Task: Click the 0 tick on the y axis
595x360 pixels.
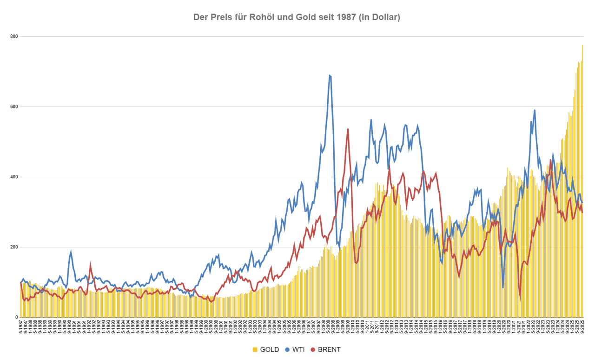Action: click(17, 317)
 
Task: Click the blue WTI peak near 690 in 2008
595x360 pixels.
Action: click(330, 75)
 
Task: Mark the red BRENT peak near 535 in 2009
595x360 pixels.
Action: click(348, 129)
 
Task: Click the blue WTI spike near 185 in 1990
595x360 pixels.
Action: click(71, 252)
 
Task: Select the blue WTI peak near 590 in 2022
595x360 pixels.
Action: click(535, 110)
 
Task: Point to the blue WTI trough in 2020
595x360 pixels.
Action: click(503, 287)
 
